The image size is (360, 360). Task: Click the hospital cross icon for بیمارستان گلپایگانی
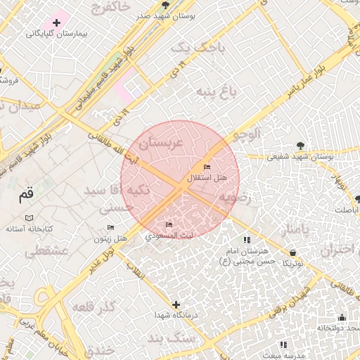click(x=56, y=23)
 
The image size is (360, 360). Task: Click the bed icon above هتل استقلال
click(x=206, y=167)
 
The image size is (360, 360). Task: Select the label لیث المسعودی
click(x=167, y=236)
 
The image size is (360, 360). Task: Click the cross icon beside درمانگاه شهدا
click(x=176, y=304)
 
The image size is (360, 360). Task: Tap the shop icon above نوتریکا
click(x=292, y=252)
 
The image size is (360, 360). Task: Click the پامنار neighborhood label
click(x=292, y=230)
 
